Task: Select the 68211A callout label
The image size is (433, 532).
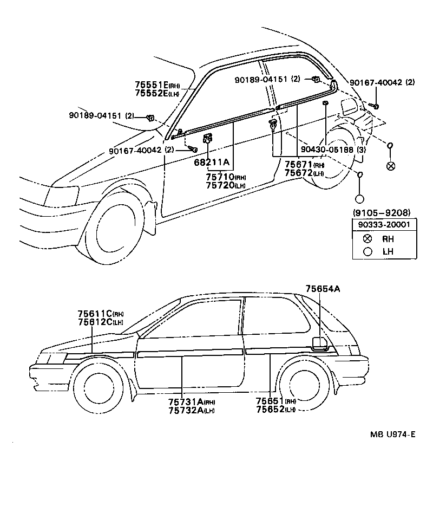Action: pyautogui.click(x=212, y=162)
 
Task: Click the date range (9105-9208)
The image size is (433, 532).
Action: pyautogui.click(x=381, y=212)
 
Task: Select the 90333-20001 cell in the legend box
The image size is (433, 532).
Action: pyautogui.click(x=381, y=224)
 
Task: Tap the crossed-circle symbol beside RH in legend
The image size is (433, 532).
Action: pyautogui.click(x=368, y=238)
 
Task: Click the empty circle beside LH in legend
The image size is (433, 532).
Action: pyautogui.click(x=368, y=251)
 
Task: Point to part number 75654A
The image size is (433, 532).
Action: pyautogui.click(x=322, y=289)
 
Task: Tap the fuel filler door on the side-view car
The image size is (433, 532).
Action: pyautogui.click(x=320, y=344)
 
